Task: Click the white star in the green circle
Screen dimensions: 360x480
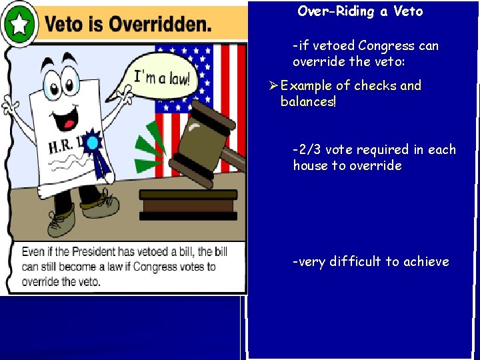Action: pyautogui.click(x=20, y=25)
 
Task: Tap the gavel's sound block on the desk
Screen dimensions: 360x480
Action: pyautogui.click(x=188, y=204)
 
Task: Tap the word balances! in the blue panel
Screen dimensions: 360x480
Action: pyautogui.click(x=307, y=101)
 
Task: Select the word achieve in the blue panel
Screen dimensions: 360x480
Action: pyautogui.click(x=427, y=261)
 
